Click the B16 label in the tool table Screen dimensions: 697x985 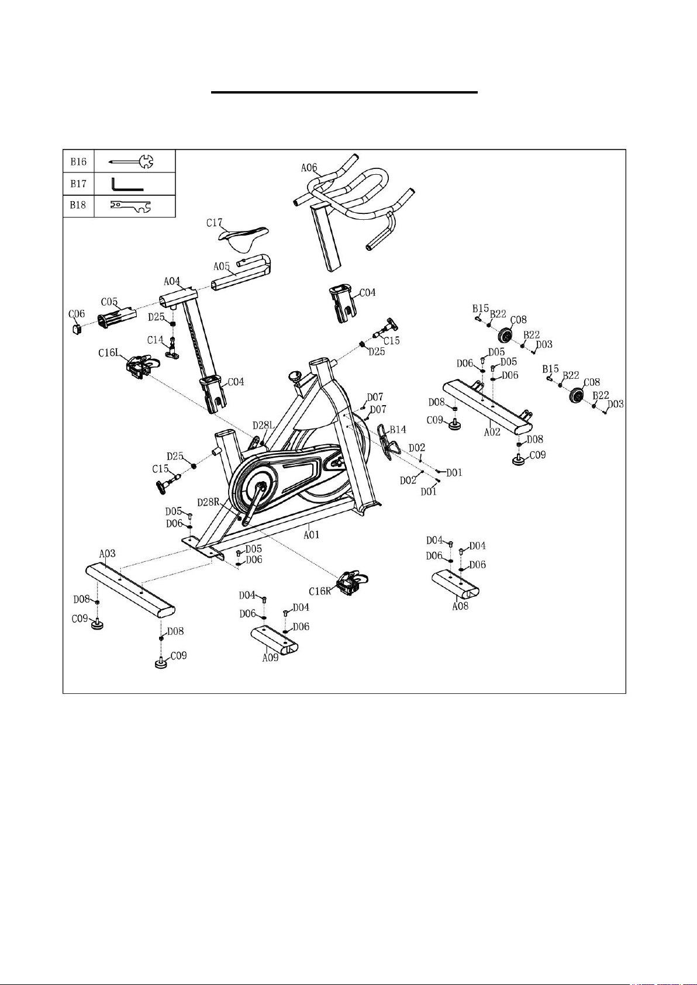pyautogui.click(x=78, y=161)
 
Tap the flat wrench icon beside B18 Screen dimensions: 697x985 pyautogui.click(x=130, y=206)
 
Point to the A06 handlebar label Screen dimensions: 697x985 pyautogui.click(x=309, y=167)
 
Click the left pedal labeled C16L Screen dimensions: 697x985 pyautogui.click(x=143, y=367)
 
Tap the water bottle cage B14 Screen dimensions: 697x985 pyautogui.click(x=388, y=441)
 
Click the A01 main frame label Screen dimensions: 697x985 pyautogui.click(x=311, y=535)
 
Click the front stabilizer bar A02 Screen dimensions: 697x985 pyautogui.click(x=487, y=407)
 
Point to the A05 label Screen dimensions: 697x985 pyautogui.click(x=222, y=267)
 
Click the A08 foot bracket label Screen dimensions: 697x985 pyautogui.click(x=460, y=606)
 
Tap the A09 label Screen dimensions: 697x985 pyautogui.click(x=271, y=658)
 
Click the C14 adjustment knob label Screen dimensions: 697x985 pyautogui.click(x=155, y=340)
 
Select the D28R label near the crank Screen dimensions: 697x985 pyautogui.click(x=208, y=502)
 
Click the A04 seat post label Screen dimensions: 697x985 pyautogui.click(x=172, y=281)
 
